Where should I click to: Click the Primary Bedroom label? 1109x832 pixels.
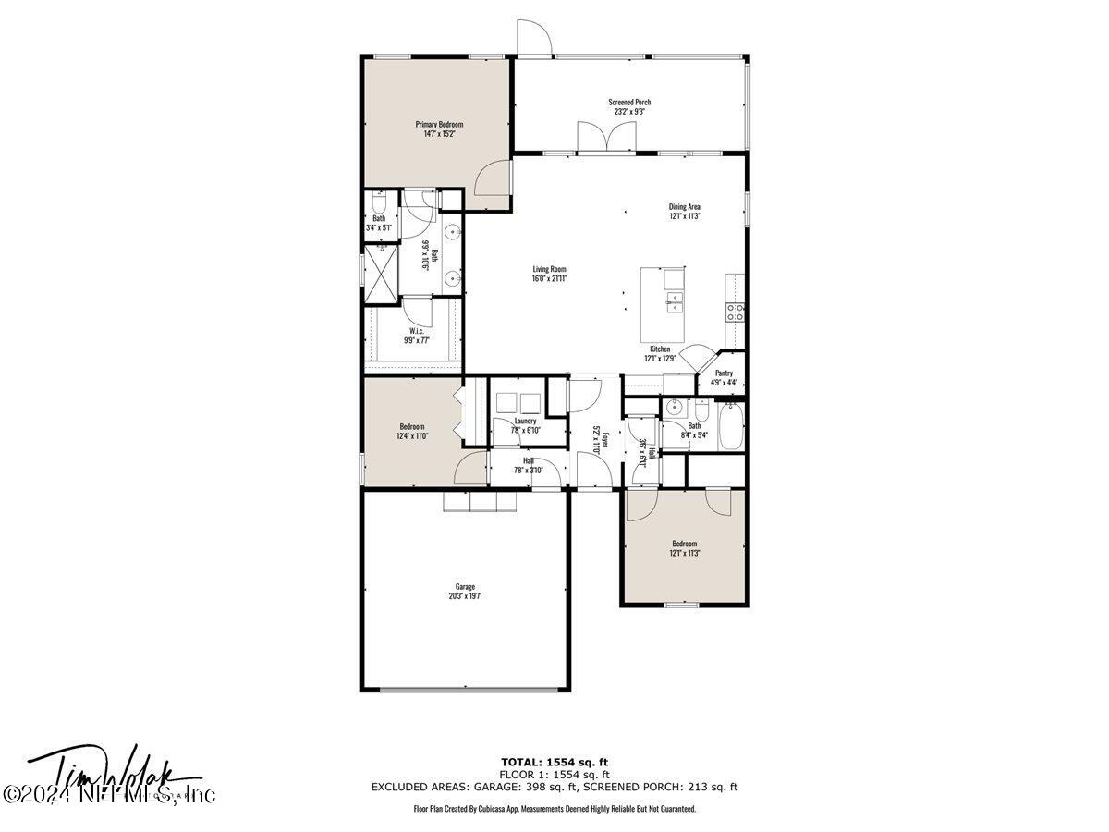[439, 124]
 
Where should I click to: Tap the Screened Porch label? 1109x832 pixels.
[629, 102]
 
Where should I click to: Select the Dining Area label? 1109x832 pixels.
[685, 206]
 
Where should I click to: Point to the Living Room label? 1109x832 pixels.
[549, 269]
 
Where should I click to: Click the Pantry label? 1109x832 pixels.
[724, 373]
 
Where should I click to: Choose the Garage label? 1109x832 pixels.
[465, 586]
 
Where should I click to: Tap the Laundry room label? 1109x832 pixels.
[525, 421]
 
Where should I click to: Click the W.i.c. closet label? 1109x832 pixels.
[417, 330]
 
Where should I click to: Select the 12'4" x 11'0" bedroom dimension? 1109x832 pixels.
[412, 435]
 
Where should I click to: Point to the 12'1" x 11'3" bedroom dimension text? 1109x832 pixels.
[685, 553]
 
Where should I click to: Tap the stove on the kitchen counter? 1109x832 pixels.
[736, 312]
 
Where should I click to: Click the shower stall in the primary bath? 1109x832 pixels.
[379, 273]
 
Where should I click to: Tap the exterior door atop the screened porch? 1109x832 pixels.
[534, 37]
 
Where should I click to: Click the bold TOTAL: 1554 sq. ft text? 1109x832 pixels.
[554, 761]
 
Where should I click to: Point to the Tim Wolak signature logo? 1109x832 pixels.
[111, 777]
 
